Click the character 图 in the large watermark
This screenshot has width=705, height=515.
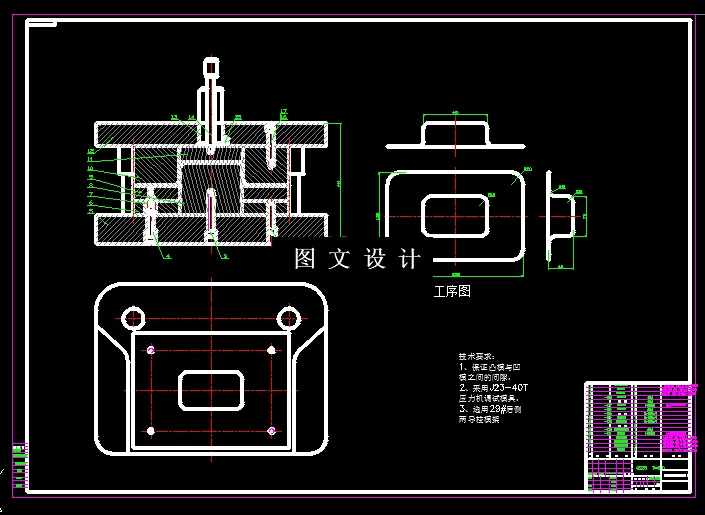305,259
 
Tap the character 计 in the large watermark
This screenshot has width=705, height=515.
410,259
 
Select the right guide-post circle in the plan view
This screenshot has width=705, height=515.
289,318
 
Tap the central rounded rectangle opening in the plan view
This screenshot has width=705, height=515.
212,389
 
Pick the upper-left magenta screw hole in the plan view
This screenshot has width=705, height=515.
151,349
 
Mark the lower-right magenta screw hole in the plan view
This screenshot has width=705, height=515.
273,431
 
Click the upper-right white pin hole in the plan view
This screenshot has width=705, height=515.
273,349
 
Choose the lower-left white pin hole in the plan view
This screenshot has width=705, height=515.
151,431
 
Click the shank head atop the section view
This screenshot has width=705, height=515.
211,68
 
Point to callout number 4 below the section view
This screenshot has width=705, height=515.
167,257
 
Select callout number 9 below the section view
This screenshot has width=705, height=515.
225,257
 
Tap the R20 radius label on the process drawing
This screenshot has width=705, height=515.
527,170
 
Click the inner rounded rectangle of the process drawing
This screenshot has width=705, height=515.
455,215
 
